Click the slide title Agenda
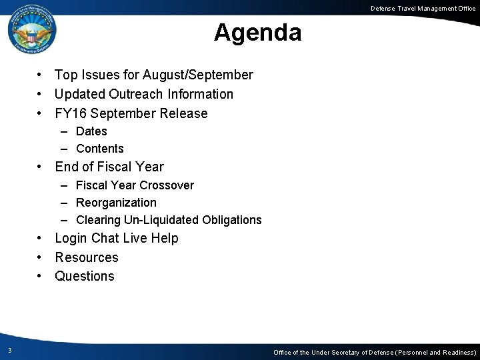coord(257,32)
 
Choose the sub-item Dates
coord(91,131)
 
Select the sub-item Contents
coord(100,149)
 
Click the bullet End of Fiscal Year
coord(109,167)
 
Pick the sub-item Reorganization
coord(116,203)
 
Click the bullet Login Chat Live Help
coord(117,239)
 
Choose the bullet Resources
coord(87,257)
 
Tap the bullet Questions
coord(85,276)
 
